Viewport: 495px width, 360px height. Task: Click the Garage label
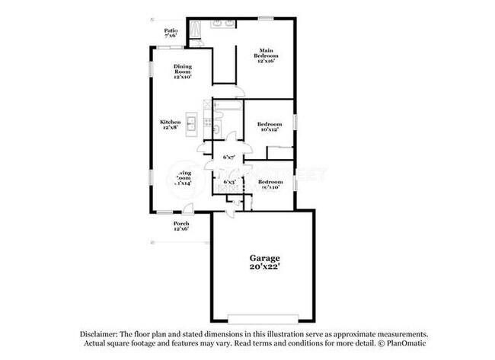261,258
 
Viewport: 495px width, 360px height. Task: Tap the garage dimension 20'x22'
261,267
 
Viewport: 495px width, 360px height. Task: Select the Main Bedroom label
266,54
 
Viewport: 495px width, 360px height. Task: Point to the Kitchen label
170,122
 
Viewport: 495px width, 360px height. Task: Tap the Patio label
171,30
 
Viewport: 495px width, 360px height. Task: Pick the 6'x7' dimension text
228,158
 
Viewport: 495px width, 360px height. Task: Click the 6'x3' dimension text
228,182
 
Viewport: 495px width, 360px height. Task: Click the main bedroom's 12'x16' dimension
266,62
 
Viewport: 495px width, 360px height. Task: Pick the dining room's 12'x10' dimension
182,77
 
